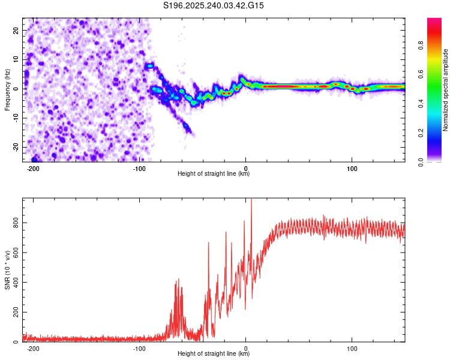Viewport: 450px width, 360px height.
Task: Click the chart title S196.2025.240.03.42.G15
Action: click(x=214, y=5)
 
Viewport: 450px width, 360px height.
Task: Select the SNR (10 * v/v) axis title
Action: click(x=7, y=271)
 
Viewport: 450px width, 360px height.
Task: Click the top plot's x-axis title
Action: click(x=214, y=174)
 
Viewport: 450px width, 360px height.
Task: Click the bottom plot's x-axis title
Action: click(x=214, y=354)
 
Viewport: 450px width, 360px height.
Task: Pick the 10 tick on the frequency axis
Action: click(x=17, y=59)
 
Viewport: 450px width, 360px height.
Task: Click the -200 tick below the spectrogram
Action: click(x=34, y=168)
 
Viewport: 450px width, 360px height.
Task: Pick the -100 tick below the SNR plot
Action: click(x=140, y=348)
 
